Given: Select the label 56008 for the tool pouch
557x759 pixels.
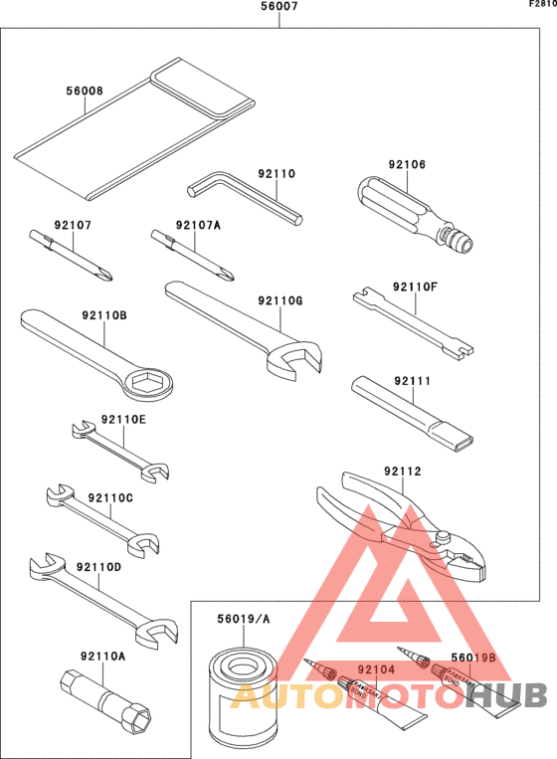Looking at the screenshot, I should point(85,91).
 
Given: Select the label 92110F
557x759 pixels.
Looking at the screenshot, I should point(415,286).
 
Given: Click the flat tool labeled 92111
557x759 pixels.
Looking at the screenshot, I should point(413,411).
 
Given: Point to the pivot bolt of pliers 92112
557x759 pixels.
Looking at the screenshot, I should point(440,539).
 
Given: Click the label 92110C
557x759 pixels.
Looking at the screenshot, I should point(109,497).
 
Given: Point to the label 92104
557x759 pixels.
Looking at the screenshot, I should point(377,670).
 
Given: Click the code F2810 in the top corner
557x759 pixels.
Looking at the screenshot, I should point(540,4).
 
